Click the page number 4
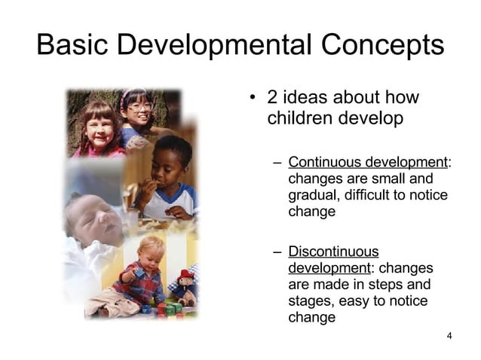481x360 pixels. [449, 335]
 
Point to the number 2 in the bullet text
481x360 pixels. [273, 99]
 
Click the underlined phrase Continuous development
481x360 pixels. [367, 162]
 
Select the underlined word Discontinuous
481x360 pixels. [333, 252]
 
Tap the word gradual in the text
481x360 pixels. [311, 196]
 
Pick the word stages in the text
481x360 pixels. [310, 301]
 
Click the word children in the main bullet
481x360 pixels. [296, 119]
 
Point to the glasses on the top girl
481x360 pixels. [139, 107]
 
